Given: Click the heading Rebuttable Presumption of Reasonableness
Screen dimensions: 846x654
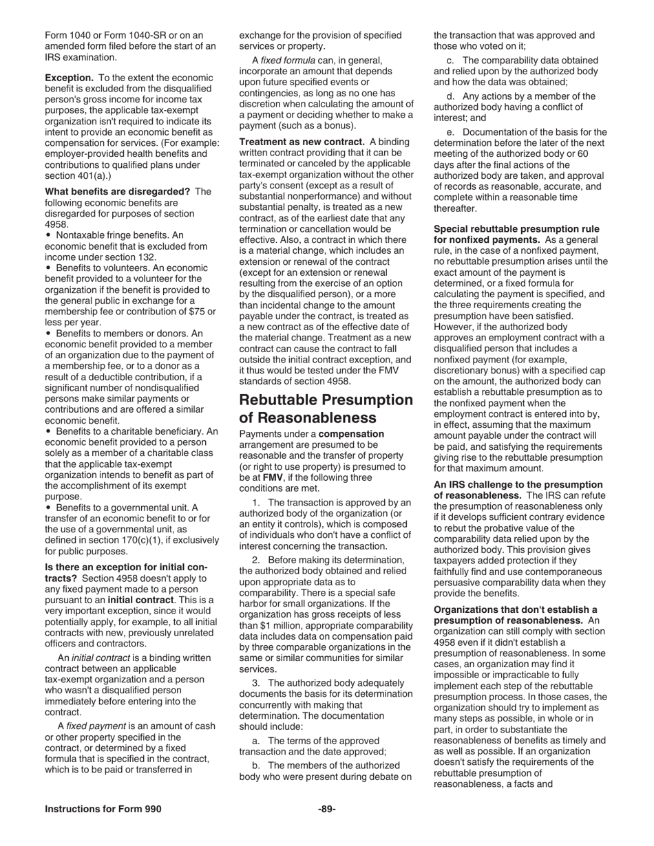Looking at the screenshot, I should click(326, 409).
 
